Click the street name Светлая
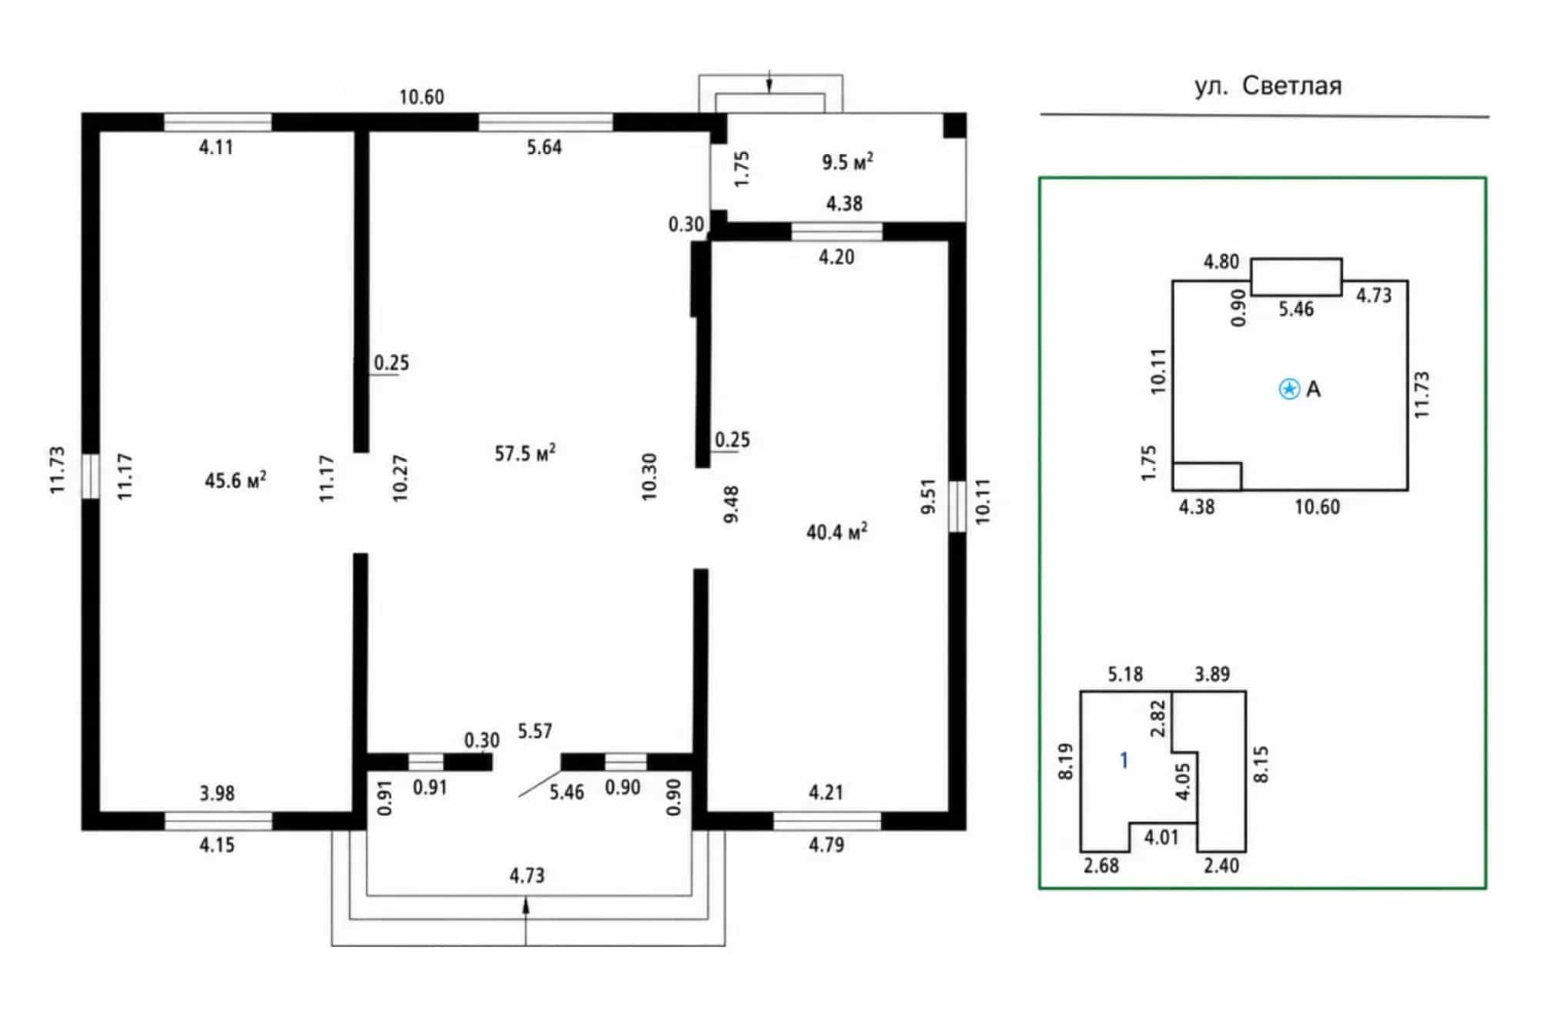pos(1291,85)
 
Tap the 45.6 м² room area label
pos(236,480)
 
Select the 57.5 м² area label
pos(525,453)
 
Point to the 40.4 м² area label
pos(837,531)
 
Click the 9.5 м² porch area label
pos(847,162)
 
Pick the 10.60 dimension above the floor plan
pos(421,97)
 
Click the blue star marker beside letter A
pos(1289,389)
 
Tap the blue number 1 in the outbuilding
pos(1124,761)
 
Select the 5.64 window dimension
pos(544,147)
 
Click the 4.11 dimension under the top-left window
pos(216,147)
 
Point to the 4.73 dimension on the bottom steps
pos(527,875)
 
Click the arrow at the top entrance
pos(769,81)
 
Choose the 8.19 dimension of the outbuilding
pos(1066,761)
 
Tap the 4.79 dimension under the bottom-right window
pos(826,845)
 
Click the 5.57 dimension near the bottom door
pos(535,731)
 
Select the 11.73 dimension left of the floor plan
pos(58,470)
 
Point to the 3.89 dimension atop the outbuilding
pos(1212,674)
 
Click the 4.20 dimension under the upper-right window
pos(836,257)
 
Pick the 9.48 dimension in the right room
pos(732,504)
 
